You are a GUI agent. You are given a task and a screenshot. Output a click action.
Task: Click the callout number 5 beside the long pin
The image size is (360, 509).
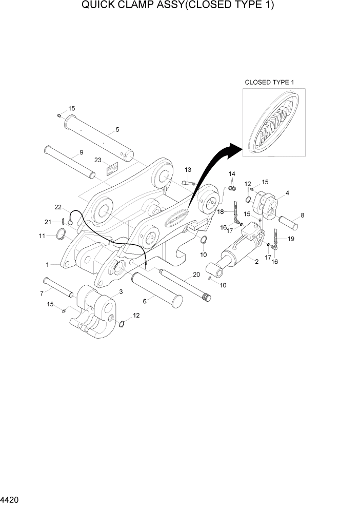point(117,130)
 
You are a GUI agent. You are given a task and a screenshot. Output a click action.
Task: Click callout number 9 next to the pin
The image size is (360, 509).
point(81,152)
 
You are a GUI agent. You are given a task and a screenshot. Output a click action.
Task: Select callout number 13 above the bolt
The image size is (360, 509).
point(188,170)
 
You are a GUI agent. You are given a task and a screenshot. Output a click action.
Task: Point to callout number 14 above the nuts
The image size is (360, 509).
point(232,174)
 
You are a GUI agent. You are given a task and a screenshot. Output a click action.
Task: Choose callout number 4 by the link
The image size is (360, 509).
point(287,193)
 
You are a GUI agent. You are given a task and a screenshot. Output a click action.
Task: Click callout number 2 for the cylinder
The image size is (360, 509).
point(256,261)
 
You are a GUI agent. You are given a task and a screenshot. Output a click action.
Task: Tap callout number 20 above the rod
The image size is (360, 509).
point(196,275)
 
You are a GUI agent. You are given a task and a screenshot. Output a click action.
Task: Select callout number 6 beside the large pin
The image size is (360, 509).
point(145,301)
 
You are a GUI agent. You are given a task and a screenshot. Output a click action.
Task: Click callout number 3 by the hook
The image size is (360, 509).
point(121,291)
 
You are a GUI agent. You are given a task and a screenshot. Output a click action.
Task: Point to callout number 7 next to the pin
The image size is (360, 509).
point(42,293)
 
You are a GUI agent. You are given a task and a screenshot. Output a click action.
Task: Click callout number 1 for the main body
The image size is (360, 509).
point(47,265)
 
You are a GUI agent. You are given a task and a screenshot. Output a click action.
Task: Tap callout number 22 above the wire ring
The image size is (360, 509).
point(58,207)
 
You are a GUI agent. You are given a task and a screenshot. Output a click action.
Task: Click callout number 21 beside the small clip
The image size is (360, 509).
point(47,222)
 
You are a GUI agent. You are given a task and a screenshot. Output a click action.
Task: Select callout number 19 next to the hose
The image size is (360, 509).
point(291,239)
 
